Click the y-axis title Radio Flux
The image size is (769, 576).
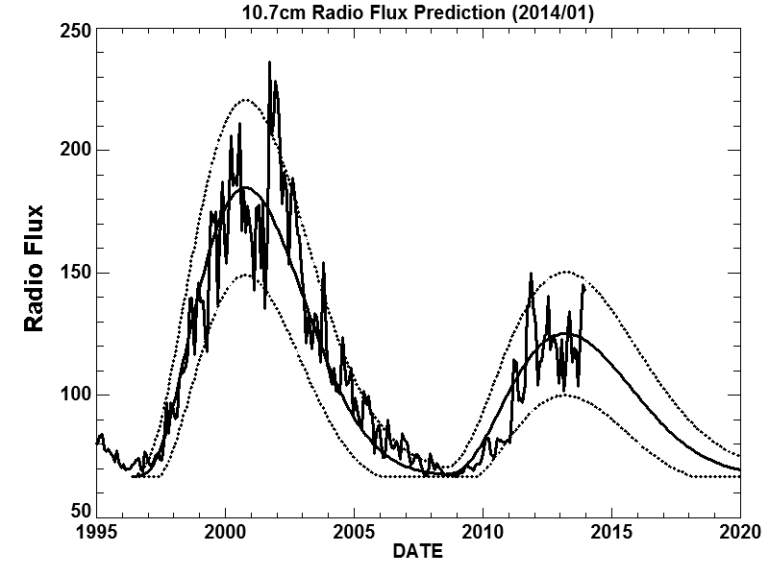[35, 268]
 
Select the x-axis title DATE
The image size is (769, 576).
[418, 552]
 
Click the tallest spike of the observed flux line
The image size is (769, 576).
[269, 62]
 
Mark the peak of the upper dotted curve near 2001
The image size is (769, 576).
[244, 99]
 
